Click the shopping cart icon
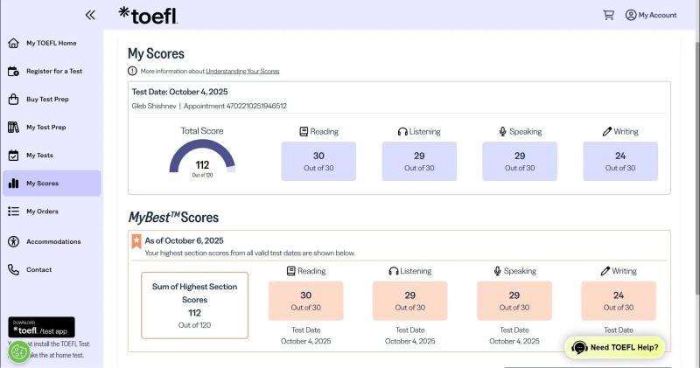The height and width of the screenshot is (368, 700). pos(608,15)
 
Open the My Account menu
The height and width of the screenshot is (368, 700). pos(651,15)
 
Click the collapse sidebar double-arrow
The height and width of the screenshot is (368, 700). pos(90,15)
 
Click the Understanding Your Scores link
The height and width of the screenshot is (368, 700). pos(242,71)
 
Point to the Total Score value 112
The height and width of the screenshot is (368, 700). pos(202,165)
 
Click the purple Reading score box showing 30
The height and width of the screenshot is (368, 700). pos(318,161)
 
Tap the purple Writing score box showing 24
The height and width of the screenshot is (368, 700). pos(620,161)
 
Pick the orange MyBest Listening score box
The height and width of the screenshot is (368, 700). pos(409,301)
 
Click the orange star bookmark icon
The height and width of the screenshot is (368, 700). pos(136,241)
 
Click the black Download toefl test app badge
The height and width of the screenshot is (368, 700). pos(41,327)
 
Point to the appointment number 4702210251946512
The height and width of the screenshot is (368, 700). pos(256,106)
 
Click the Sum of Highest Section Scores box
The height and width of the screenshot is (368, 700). pos(194,306)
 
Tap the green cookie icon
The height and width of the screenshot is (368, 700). pos(18,352)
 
